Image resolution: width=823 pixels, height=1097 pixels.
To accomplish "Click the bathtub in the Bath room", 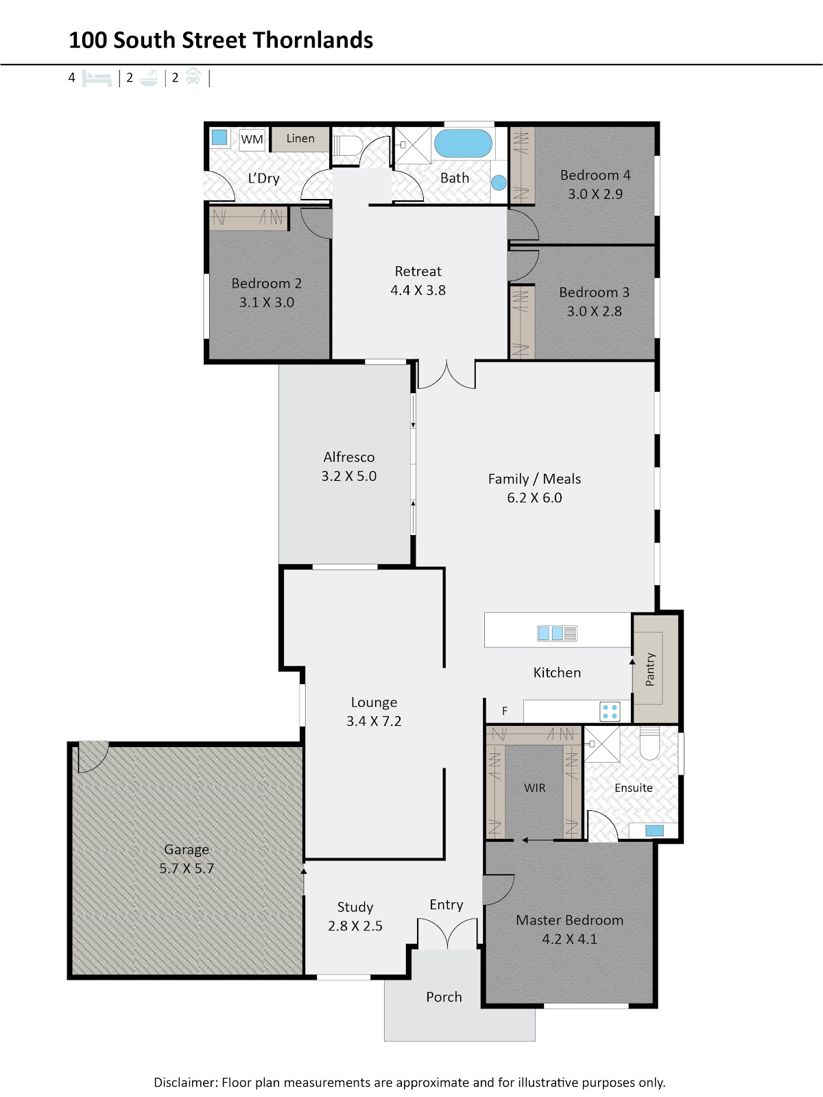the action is pyautogui.click(x=463, y=143).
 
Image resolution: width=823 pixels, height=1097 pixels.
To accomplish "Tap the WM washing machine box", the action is pyautogui.click(x=252, y=139).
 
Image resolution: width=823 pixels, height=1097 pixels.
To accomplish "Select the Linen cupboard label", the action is pyautogui.click(x=300, y=139).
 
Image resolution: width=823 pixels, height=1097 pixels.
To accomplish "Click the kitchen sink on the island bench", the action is pyautogui.click(x=557, y=633).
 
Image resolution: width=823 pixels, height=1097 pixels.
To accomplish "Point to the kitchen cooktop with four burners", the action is pyautogui.click(x=609, y=711).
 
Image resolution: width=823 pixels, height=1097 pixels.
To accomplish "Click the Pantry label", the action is pyautogui.click(x=649, y=669).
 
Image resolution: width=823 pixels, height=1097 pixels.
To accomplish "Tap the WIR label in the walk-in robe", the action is pyautogui.click(x=534, y=788).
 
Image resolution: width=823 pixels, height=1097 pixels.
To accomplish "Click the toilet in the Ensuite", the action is pyautogui.click(x=649, y=743).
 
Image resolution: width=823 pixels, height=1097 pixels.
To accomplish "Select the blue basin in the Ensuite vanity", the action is pyautogui.click(x=654, y=830).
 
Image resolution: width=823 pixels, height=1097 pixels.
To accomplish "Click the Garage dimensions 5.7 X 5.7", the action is pyautogui.click(x=187, y=868).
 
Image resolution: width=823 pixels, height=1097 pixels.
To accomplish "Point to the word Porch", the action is pyautogui.click(x=444, y=997).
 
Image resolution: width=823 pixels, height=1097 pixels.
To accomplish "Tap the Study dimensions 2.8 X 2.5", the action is pyautogui.click(x=355, y=925).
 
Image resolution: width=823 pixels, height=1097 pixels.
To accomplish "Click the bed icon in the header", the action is pyautogui.click(x=97, y=78).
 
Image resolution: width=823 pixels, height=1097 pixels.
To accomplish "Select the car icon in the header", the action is pyautogui.click(x=193, y=78).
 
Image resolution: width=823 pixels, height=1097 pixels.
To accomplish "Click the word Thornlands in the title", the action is pyautogui.click(x=313, y=40).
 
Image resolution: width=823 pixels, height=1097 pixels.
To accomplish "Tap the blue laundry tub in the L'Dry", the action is pyautogui.click(x=219, y=137).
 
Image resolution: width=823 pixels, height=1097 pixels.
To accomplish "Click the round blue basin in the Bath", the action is pyautogui.click(x=499, y=183).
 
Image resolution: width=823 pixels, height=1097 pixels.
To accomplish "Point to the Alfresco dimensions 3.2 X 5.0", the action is pyautogui.click(x=348, y=476).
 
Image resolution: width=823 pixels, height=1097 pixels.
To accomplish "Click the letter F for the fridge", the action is pyautogui.click(x=505, y=711).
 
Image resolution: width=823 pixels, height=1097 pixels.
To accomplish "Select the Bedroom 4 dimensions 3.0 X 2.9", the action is pyautogui.click(x=595, y=194).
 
